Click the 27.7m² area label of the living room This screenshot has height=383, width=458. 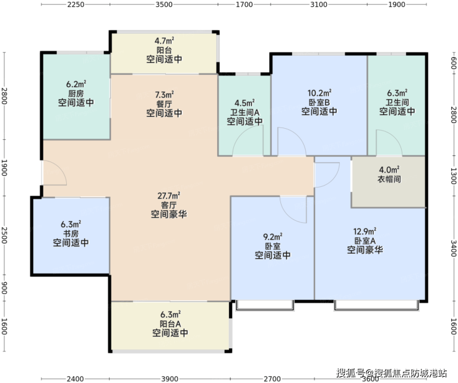point(169,196)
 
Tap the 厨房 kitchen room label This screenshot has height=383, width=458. point(76,93)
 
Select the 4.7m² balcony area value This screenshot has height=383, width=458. point(165,40)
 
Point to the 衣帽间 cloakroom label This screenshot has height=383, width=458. point(389,179)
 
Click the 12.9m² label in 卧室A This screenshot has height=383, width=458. point(365,231)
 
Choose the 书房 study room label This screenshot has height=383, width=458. point(71,234)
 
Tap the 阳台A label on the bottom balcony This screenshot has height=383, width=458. point(170,324)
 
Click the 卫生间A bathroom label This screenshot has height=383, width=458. point(244,113)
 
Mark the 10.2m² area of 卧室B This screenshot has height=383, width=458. point(319,93)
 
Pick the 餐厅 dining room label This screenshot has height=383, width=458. point(165,104)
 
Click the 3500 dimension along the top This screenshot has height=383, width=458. point(164,4)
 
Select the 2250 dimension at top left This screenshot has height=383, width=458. point(76,4)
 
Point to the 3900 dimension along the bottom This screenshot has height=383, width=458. point(170,379)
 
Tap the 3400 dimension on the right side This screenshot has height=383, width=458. point(453,248)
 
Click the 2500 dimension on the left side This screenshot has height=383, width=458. point(4,236)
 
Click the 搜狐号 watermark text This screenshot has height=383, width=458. point(350,373)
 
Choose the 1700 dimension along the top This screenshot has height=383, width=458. point(244,4)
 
